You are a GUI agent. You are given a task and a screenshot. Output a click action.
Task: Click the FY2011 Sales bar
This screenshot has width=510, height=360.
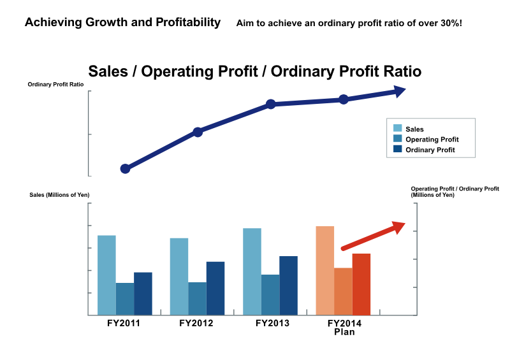pos(106,275)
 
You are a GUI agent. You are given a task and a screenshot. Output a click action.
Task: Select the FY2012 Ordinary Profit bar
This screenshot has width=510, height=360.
pos(215,289)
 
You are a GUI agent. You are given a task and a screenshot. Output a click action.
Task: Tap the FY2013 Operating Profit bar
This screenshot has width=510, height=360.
pos(270,295)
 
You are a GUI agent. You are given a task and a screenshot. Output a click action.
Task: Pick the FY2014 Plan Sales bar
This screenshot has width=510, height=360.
pos(325,271)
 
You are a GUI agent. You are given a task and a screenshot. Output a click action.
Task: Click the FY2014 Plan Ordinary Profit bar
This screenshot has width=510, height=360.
pos(361,284)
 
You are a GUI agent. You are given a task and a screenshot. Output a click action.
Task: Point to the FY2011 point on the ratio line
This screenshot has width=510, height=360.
pos(125,169)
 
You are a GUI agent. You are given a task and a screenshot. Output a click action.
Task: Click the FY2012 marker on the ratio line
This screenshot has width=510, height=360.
pos(198,132)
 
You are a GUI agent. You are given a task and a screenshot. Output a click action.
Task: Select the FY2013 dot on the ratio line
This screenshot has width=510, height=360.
pos(270,104)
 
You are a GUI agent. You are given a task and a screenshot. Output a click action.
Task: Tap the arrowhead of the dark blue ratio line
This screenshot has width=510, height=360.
pos(399,91)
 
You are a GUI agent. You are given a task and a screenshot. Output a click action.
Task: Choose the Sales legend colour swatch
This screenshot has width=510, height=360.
pos(397,128)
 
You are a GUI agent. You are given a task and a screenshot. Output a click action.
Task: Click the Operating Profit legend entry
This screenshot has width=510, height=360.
pos(426,139)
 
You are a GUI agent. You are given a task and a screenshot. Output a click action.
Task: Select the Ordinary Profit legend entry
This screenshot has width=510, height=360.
pos(424,150)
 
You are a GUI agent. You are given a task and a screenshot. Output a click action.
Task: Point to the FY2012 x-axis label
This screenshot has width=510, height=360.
pos(196,323)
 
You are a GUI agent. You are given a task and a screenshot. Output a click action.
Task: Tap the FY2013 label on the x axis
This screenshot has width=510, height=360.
pos(272,323)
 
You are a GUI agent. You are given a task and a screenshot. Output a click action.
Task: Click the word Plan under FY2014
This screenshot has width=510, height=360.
pos(344,332)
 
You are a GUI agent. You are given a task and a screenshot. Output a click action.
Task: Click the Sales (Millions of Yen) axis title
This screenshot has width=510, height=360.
pos(59,195)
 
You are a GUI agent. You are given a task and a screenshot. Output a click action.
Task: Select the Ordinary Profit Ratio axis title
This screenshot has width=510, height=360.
pos(55,84)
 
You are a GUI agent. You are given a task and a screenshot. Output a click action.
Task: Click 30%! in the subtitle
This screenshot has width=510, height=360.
pos(451,23)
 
